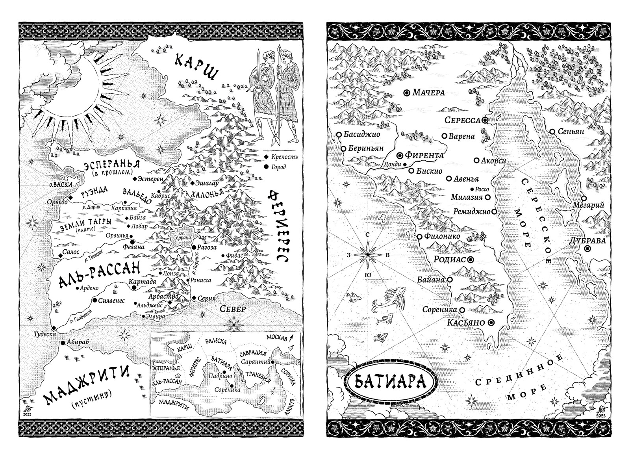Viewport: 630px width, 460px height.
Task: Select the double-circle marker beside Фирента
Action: pyautogui.click(x=400, y=155)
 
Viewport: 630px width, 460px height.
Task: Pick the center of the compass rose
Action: pyautogui.click(x=367, y=254)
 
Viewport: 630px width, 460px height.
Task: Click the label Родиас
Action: pyautogui.click(x=449, y=260)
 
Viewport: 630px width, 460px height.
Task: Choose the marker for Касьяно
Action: pyautogui.click(x=491, y=323)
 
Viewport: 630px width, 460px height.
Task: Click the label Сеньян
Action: pyautogui.click(x=571, y=132)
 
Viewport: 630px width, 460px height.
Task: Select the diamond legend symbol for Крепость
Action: pyautogui.click(x=266, y=157)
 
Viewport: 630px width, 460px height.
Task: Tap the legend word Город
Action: pyautogui.click(x=278, y=167)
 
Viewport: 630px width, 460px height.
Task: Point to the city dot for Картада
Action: pyautogui.click(x=133, y=288)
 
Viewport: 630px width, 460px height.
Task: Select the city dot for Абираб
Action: pyautogui.click(x=63, y=343)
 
